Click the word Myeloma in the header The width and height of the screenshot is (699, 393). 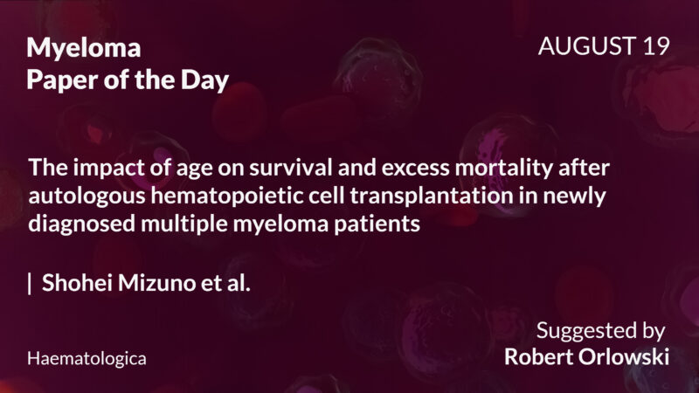pyautogui.click(x=84, y=48)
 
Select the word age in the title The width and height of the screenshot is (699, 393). pyautogui.click(x=171, y=168)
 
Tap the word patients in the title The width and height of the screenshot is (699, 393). pyautogui.click(x=377, y=223)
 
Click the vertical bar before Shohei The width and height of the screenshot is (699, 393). pyautogui.click(x=30, y=284)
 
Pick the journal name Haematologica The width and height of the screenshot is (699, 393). pyautogui.click(x=87, y=358)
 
